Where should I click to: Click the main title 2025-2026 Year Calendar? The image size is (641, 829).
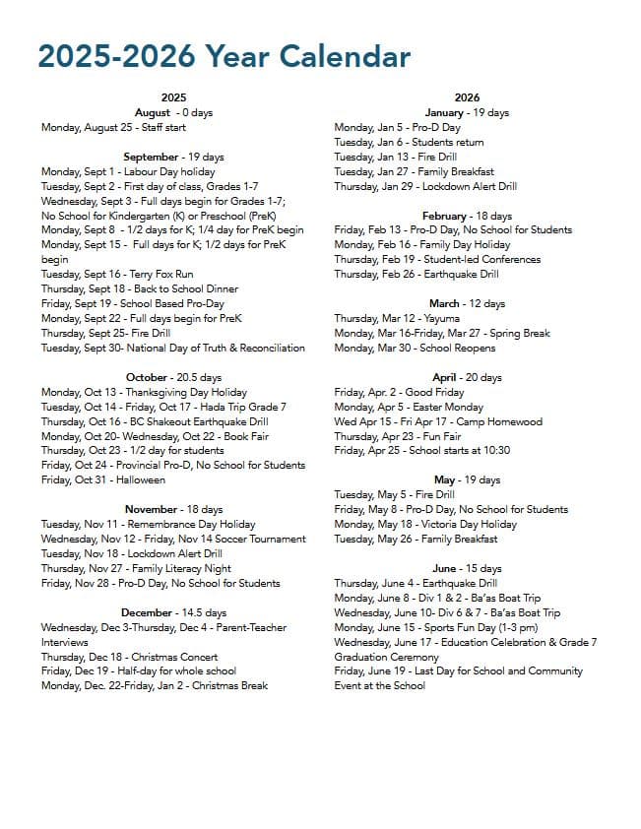pyautogui.click(x=224, y=57)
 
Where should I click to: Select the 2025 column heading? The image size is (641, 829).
pyautogui.click(x=173, y=97)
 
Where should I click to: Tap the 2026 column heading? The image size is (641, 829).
pyautogui.click(x=467, y=97)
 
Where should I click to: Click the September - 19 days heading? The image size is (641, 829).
pyautogui.click(x=173, y=157)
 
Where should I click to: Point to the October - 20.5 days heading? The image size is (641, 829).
pyautogui.click(x=173, y=377)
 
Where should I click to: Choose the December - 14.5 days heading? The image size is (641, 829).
pyautogui.click(x=173, y=612)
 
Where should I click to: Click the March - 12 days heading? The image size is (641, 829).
pyautogui.click(x=467, y=303)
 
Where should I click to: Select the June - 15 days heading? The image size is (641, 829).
pyautogui.click(x=467, y=568)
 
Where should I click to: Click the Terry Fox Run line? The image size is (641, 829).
pyautogui.click(x=117, y=274)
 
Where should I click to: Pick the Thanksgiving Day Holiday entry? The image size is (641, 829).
pyautogui.click(x=144, y=392)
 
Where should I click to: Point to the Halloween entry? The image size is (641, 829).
pyautogui.click(x=102, y=479)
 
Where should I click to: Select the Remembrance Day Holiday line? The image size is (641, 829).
pyautogui.click(x=148, y=524)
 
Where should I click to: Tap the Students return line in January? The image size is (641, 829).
pyautogui.click(x=409, y=142)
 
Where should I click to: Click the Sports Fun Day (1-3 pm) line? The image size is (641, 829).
pyautogui.click(x=436, y=627)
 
